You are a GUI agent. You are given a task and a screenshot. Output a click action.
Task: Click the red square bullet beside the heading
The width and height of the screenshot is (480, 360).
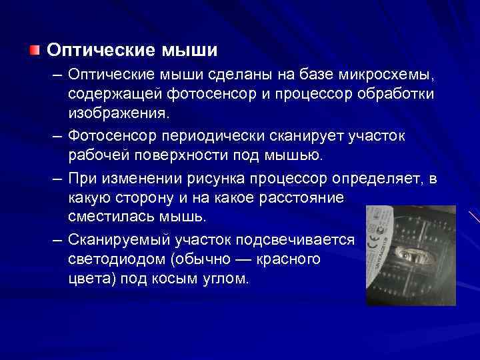[x=35, y=51]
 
